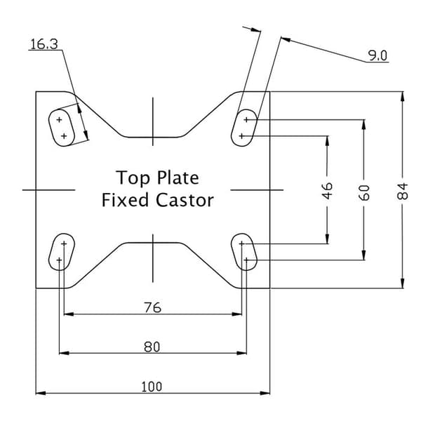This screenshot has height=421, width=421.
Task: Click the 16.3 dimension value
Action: (44, 44)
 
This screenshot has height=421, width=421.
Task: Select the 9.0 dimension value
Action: (377, 55)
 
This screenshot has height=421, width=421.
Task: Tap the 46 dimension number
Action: (327, 191)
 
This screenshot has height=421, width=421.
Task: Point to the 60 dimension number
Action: (363, 192)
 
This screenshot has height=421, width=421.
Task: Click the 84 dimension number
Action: (402, 191)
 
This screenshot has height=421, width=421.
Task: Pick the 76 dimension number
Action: (153, 307)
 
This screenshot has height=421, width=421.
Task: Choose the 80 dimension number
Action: (152, 347)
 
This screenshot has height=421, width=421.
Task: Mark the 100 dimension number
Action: (152, 387)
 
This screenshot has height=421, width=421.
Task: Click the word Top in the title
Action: (133, 178)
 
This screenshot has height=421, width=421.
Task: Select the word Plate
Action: (178, 178)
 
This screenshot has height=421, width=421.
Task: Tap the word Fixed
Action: (125, 200)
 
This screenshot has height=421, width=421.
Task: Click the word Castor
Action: (185, 200)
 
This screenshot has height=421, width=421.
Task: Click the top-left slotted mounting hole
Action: (62, 128)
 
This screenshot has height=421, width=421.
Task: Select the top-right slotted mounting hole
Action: (244, 128)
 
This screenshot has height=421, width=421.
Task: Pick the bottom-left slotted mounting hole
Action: (62, 252)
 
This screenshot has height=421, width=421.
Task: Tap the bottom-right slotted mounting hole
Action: (244, 252)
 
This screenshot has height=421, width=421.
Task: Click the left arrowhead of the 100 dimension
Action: (41, 393)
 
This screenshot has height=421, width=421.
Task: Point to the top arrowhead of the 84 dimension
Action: (402, 97)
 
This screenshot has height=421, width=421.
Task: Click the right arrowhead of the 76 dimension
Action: (236, 314)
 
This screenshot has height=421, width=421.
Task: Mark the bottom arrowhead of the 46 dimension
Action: (327, 239)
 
